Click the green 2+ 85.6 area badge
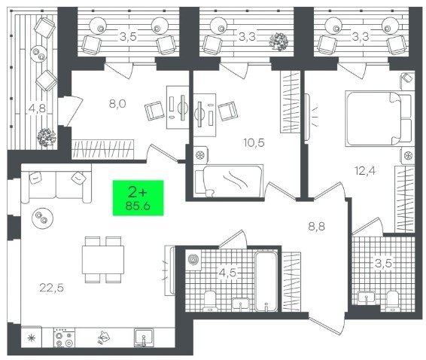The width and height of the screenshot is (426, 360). click(x=138, y=198)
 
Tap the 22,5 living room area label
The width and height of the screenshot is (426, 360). click(x=52, y=288)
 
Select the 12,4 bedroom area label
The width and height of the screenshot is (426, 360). click(x=365, y=171)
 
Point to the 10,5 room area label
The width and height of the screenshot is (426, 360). click(x=254, y=142)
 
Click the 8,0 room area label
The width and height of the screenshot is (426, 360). click(x=117, y=104)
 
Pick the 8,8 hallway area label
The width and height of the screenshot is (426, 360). click(x=317, y=226)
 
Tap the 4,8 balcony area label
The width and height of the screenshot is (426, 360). click(x=37, y=108)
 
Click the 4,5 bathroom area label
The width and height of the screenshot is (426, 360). click(x=227, y=273)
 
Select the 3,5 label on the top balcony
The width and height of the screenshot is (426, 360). click(x=128, y=36)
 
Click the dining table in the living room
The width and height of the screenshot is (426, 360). click(x=103, y=259)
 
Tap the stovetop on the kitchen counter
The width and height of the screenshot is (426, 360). click(x=65, y=337)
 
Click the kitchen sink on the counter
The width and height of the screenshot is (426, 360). click(x=144, y=337)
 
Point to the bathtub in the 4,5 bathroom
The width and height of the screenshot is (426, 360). click(x=266, y=281)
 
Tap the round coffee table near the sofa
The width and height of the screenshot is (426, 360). click(x=42, y=218)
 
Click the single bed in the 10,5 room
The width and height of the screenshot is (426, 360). click(x=229, y=180)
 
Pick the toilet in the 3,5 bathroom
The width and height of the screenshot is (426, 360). click(x=392, y=301)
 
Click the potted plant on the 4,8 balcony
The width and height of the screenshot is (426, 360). click(x=46, y=137)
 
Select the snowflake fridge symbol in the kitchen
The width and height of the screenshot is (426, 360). click(x=32, y=338)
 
